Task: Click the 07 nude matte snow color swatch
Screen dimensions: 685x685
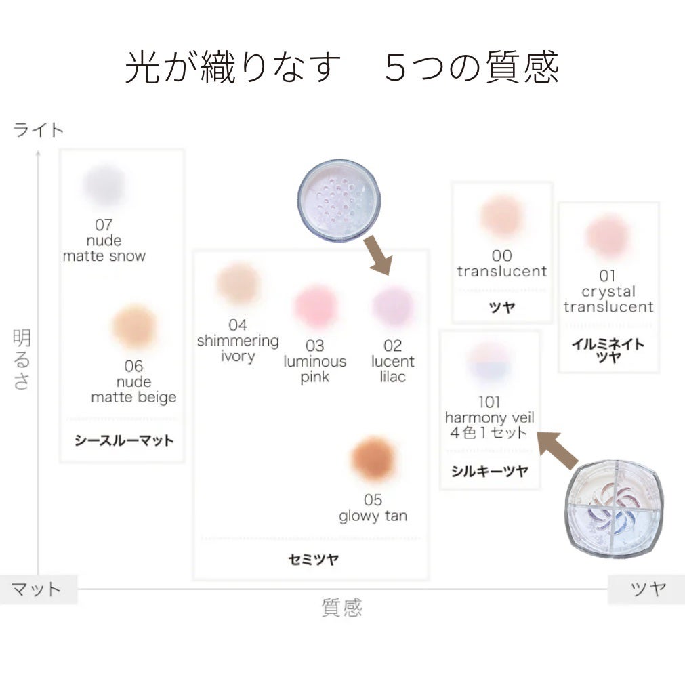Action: point(104,185)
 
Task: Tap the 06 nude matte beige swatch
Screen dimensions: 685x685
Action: point(134,327)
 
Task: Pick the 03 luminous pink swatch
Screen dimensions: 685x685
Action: point(315,306)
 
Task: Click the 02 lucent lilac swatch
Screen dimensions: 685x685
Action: point(393,306)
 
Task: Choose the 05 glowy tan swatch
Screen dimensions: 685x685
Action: point(373,460)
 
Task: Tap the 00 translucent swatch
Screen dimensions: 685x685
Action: point(501,216)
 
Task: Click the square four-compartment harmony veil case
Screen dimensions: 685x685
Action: point(613,507)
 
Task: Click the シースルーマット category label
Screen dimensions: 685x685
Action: point(124,440)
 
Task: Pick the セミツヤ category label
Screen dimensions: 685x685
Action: point(313,560)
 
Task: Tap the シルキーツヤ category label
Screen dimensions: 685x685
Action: point(489,472)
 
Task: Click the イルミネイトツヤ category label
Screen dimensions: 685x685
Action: point(608,350)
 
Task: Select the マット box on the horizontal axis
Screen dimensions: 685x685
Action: point(37,589)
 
